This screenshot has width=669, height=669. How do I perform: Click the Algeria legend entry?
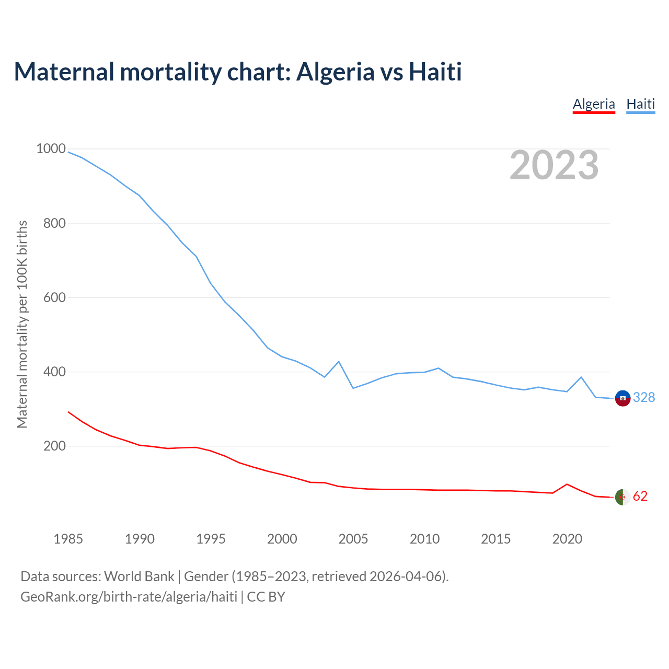click(x=594, y=104)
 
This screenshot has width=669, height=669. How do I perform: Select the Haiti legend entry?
click(x=640, y=104)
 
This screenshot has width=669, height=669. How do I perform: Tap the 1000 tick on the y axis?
click(x=51, y=149)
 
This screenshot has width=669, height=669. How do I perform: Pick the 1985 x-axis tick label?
click(x=68, y=539)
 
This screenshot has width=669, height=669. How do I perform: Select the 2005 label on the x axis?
click(x=353, y=539)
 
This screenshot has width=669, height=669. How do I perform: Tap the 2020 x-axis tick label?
click(x=567, y=539)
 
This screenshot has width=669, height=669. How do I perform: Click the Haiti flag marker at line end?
click(x=622, y=398)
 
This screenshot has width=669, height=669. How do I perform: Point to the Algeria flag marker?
click(x=622, y=497)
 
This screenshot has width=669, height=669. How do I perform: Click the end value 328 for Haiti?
click(x=644, y=398)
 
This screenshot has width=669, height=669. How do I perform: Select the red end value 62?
click(x=640, y=497)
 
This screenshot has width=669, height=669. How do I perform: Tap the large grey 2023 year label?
click(x=554, y=165)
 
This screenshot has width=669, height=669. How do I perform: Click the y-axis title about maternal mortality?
click(x=22, y=324)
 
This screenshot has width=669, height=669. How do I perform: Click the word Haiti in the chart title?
click(x=435, y=72)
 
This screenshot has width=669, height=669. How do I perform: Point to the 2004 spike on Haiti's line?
click(x=339, y=362)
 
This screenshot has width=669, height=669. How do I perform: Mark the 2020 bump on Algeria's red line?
click(x=567, y=484)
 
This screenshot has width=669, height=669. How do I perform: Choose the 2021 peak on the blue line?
click(x=581, y=377)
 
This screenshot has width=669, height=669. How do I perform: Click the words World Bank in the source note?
click(x=139, y=576)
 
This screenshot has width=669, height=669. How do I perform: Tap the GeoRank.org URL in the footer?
click(x=129, y=597)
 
